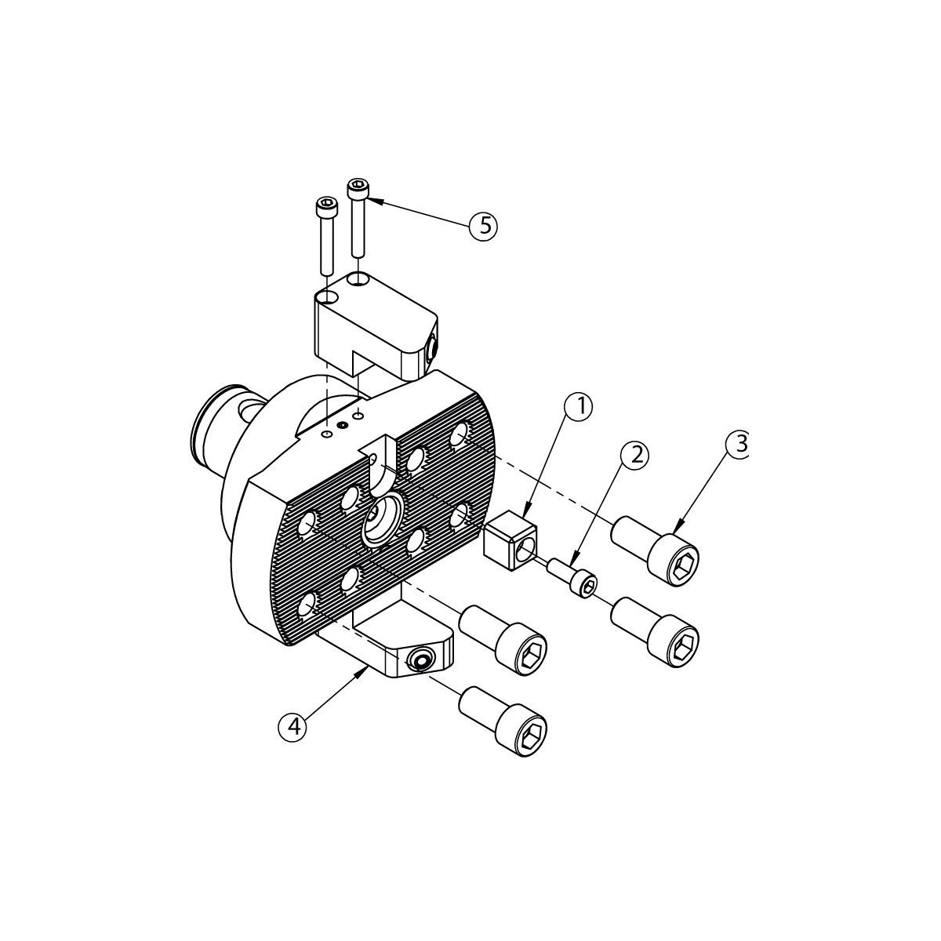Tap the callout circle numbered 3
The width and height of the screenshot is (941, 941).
[737, 445]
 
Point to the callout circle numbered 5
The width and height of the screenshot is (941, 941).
[483, 226]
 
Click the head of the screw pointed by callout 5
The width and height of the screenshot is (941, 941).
[358, 187]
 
